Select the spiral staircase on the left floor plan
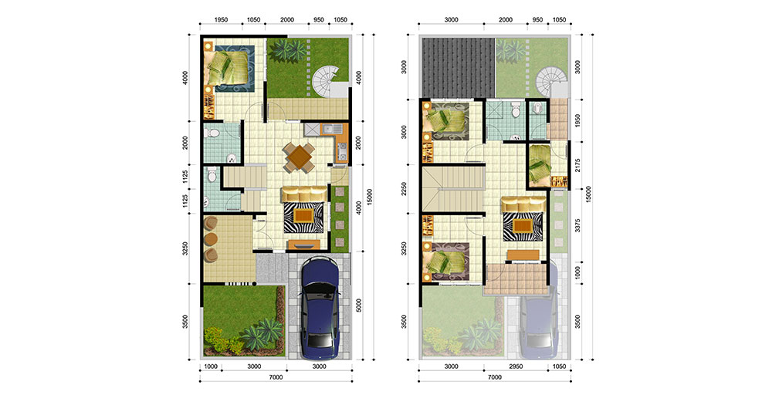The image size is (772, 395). (327, 82)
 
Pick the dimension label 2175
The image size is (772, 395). (577, 165)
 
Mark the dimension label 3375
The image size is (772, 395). (577, 226)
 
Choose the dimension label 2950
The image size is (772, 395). (516, 366)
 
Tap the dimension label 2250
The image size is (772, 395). (404, 189)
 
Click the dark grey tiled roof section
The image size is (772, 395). (458, 67)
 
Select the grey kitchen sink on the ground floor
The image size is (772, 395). (312, 130)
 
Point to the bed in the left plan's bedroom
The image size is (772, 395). (228, 68)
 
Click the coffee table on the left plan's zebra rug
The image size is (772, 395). (303, 215)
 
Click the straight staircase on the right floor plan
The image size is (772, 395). (453, 188)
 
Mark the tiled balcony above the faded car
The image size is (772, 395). (516, 279)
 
